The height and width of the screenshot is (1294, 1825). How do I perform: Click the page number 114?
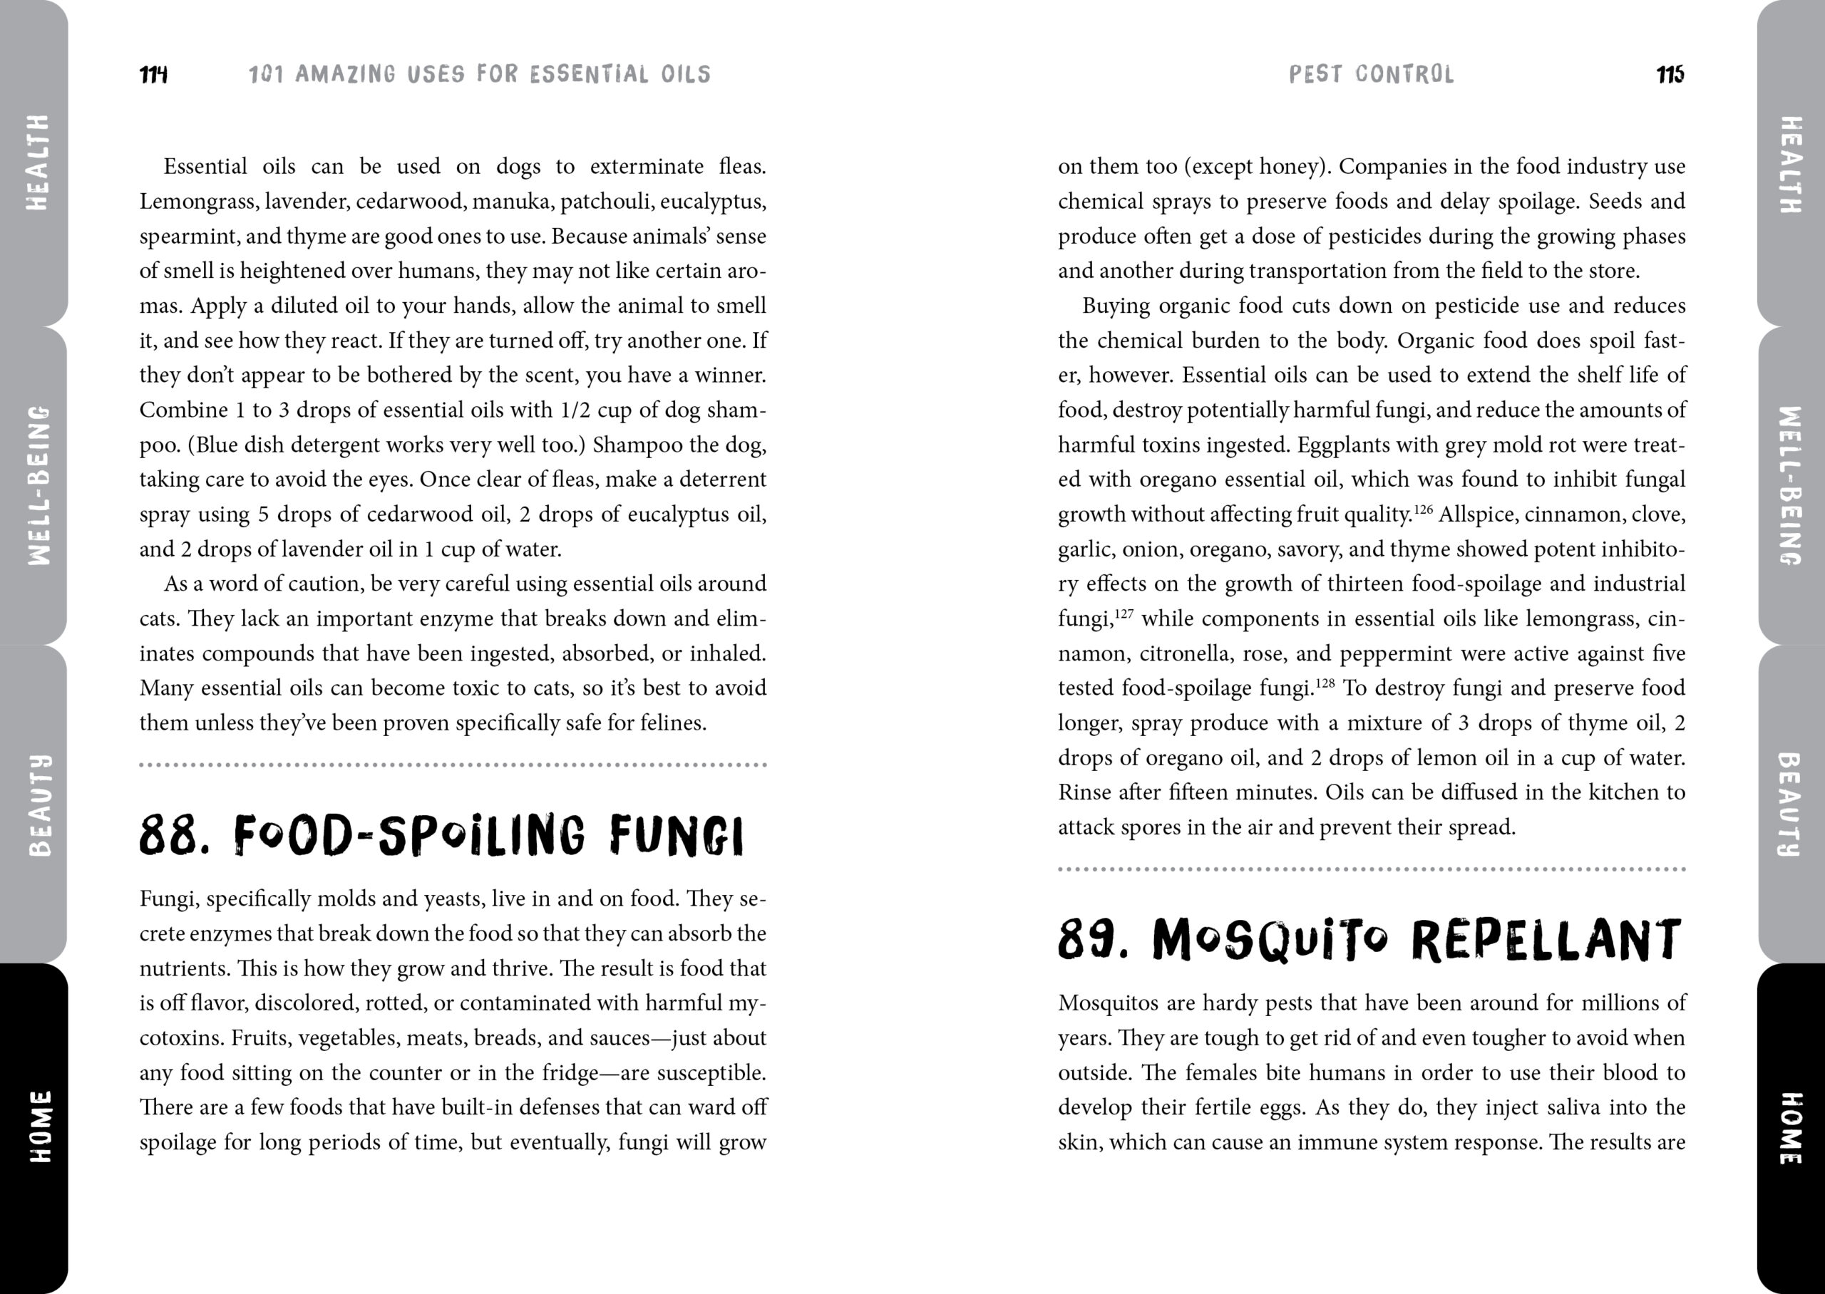click(x=153, y=75)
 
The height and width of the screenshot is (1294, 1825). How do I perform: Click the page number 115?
click(x=1670, y=75)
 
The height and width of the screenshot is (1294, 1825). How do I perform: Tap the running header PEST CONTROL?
click(x=1371, y=75)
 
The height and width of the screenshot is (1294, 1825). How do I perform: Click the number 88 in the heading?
click(x=168, y=835)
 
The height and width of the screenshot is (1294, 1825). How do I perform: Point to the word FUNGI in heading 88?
click(x=677, y=835)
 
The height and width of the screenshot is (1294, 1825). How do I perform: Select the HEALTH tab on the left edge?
click(x=36, y=162)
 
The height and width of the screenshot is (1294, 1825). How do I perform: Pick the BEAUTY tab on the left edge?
click(x=36, y=804)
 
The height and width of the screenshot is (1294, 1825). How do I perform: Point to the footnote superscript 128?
click(x=1325, y=683)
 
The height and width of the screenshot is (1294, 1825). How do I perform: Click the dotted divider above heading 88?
click(x=453, y=765)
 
